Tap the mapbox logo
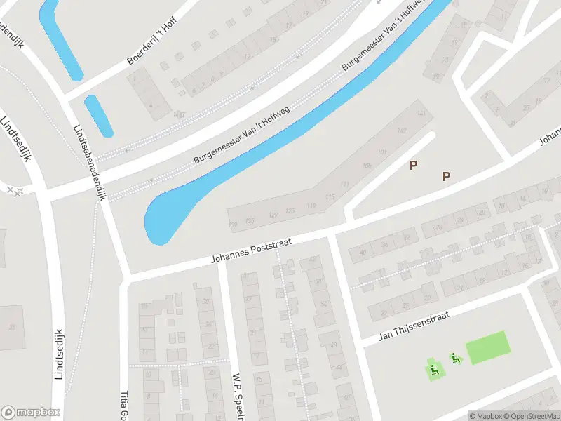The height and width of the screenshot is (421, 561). tap(31, 413)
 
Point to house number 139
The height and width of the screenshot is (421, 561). tap(234, 225)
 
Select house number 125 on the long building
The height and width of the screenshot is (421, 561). tap(290, 210)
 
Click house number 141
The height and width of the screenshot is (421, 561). tap(421, 113)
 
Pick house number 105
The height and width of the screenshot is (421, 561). tap(367, 166)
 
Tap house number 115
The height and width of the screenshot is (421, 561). tap(330, 197)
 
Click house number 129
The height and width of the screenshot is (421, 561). tap(273, 213)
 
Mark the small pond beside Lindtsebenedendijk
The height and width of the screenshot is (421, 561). tap(99, 115)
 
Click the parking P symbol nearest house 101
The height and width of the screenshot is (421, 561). tap(414, 165)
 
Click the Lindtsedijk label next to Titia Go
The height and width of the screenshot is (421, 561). tap(58, 354)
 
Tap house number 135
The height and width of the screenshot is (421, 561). tap(250, 221)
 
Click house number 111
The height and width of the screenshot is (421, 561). tap(344, 184)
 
